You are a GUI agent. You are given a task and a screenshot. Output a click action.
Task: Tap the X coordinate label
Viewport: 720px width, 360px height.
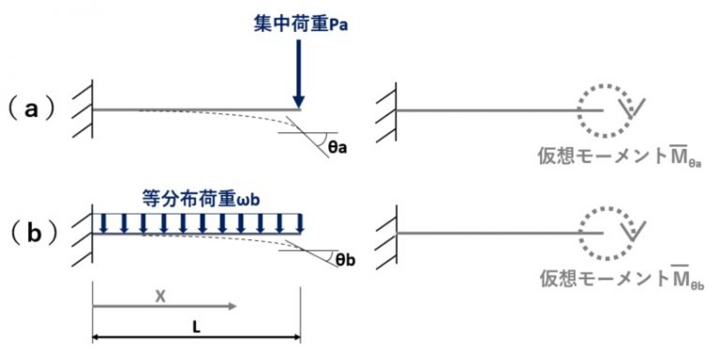(x=160, y=294)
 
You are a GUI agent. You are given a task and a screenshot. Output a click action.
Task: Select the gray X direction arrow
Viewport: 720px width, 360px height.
(x=164, y=307)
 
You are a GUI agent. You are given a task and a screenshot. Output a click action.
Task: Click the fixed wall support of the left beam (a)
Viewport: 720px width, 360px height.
(x=84, y=110)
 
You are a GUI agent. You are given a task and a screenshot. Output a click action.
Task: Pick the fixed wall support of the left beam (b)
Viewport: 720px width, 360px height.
(x=84, y=232)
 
